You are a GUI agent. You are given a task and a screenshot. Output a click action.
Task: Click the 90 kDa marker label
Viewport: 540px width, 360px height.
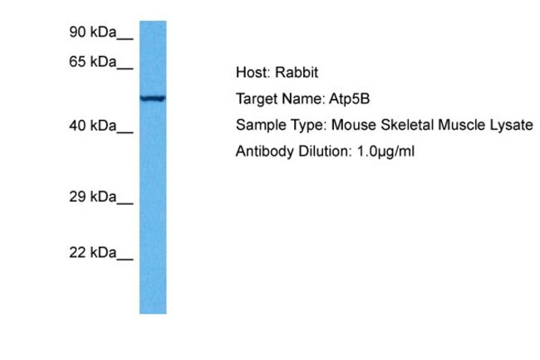(93, 32)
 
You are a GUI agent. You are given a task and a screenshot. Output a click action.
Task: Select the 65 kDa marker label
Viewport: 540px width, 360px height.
(93, 62)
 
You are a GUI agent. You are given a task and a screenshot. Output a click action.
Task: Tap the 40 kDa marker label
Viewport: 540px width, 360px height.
(93, 126)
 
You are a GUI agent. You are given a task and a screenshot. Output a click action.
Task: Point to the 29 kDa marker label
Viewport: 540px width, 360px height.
(93, 197)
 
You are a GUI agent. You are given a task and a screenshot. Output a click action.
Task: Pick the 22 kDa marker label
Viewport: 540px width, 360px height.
(93, 253)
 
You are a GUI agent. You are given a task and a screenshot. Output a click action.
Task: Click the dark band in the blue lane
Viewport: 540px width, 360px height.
(153, 99)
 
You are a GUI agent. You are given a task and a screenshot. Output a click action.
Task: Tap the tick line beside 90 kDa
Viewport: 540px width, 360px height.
(125, 39)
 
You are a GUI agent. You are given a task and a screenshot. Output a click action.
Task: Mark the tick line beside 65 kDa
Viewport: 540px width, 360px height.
(125, 68)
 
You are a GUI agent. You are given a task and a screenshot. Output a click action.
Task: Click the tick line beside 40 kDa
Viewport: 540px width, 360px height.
(125, 132)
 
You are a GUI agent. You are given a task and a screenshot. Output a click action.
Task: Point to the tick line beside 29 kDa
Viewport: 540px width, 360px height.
(125, 204)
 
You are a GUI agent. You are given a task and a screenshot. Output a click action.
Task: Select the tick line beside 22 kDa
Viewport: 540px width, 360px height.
(125, 259)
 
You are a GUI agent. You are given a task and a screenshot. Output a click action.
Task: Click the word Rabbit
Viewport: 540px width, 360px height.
(297, 72)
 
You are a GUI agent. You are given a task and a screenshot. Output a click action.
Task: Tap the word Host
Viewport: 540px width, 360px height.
(255, 72)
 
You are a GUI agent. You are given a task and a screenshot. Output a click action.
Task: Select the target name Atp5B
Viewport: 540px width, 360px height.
(349, 99)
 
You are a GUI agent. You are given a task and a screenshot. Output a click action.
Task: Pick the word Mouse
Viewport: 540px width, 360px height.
(354, 125)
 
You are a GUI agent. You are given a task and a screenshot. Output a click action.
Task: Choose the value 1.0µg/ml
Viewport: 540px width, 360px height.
(385, 151)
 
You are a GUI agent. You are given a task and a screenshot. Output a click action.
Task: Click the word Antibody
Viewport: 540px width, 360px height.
(265, 151)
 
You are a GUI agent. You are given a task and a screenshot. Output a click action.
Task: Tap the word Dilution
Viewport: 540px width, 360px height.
(325, 150)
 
